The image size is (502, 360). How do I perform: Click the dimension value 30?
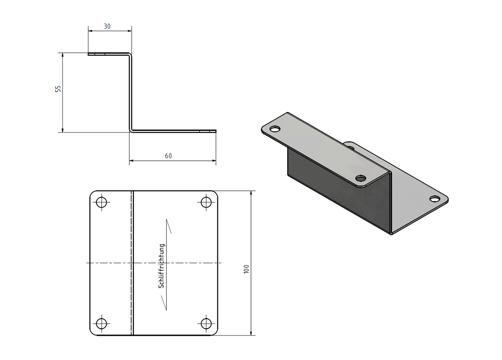[x=107, y=26]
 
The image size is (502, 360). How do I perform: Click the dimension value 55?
[x=58, y=89]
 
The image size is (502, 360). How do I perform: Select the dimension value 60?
[x=168, y=156]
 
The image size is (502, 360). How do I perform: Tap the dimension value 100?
[x=246, y=269]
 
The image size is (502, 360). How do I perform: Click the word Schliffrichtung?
[x=161, y=266]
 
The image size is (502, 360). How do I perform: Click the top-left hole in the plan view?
[x=101, y=202]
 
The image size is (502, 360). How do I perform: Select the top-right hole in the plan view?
[x=206, y=202]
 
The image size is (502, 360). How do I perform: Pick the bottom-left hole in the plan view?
[x=101, y=324]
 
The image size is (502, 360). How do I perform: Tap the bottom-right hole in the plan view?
[x=206, y=324]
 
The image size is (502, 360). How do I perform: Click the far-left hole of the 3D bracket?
[x=275, y=129]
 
